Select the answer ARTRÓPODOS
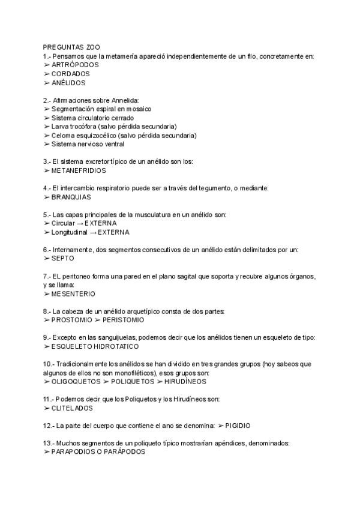coord(75,65)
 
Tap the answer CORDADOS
coord(70,74)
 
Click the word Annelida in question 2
coord(123,100)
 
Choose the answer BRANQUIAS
coord(71,197)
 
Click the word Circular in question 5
coord(64,223)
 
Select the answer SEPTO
coord(63,258)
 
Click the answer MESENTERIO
coord(73,294)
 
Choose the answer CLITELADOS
coord(72,408)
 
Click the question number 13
coord(47,443)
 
